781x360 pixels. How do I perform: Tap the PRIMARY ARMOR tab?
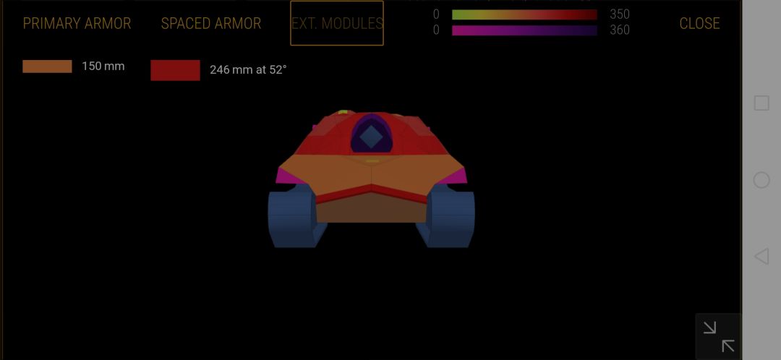[77, 23]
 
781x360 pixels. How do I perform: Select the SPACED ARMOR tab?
[211, 23]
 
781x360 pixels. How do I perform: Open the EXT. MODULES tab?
[337, 23]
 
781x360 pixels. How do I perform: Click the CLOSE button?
[699, 23]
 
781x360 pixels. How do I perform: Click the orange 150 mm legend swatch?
[47, 67]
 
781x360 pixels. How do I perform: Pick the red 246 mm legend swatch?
[175, 70]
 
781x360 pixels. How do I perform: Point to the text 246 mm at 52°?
[248, 70]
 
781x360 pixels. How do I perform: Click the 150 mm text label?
[103, 67]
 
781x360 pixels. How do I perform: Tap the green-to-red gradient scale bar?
[524, 14]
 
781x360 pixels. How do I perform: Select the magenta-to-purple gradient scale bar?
[524, 30]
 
